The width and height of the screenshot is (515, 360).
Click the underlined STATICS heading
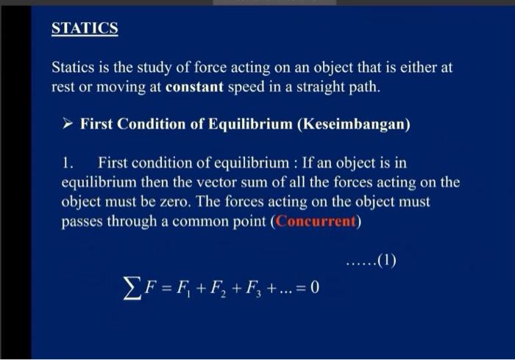pyautogui.click(x=85, y=29)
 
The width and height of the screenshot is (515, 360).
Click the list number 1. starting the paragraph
pyautogui.click(x=68, y=162)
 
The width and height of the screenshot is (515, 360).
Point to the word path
pyautogui.click(x=365, y=88)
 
